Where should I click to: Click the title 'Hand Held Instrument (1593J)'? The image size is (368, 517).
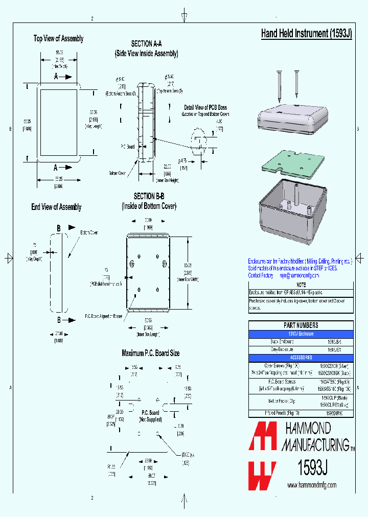pos(306,34)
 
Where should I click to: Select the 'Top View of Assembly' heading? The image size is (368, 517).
pos(58,39)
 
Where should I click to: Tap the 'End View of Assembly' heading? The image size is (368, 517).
pos(56,207)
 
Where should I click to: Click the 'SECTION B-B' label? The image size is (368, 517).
pos(149,196)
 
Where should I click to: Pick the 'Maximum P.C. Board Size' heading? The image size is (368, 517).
pos(150,353)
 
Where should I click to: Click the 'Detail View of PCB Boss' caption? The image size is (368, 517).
pos(205,107)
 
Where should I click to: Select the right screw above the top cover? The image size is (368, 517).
pos(296,85)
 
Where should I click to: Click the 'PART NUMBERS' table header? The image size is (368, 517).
pos(301,325)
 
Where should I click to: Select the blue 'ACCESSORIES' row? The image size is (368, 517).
pos(301,358)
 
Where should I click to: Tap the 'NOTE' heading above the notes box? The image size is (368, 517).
pos(301,285)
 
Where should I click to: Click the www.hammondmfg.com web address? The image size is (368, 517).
pos(312,485)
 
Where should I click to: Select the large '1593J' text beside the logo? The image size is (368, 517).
pos(312,467)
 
